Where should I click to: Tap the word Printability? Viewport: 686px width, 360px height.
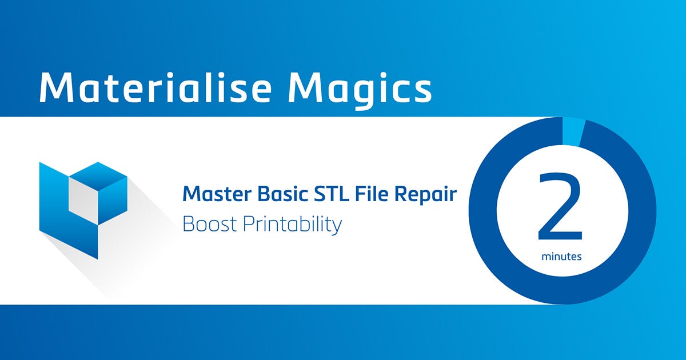(x=292, y=225)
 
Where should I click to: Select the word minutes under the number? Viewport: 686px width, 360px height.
(x=561, y=257)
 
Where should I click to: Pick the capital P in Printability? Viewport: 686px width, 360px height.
(x=248, y=224)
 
